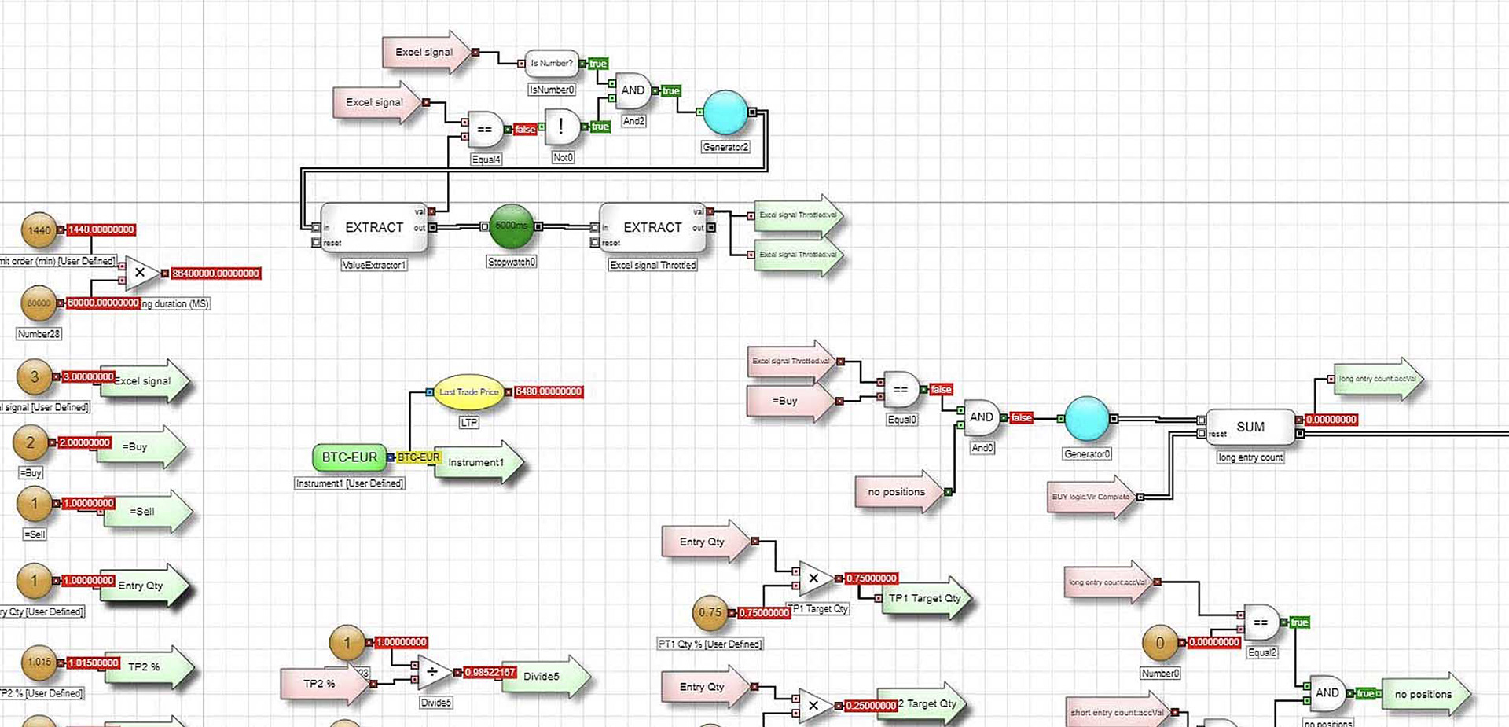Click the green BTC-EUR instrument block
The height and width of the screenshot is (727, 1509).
point(349,457)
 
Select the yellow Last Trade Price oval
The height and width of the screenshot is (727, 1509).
point(468,391)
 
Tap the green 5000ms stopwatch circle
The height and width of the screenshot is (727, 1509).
point(512,226)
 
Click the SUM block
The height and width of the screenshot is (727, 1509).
point(1250,427)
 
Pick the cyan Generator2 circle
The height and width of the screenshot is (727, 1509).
point(725,112)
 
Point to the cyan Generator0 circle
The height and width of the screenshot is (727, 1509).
point(1087,418)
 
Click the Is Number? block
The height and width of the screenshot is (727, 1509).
point(551,63)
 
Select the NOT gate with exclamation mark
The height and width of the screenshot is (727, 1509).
point(561,127)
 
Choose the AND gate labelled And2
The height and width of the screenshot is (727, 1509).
point(633,91)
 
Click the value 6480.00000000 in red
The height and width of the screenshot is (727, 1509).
point(549,391)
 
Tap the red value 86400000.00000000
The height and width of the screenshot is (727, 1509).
point(215,274)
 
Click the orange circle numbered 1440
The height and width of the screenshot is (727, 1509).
point(39,230)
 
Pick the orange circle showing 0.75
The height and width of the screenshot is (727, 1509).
point(710,612)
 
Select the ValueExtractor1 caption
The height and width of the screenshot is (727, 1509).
point(374,265)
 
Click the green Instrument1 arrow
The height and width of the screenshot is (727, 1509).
point(478,462)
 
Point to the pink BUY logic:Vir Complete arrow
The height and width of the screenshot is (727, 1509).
point(1091,497)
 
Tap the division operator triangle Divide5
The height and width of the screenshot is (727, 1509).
point(433,672)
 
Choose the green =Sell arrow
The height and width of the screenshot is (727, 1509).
point(145,512)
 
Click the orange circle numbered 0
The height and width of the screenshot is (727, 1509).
point(1160,643)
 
